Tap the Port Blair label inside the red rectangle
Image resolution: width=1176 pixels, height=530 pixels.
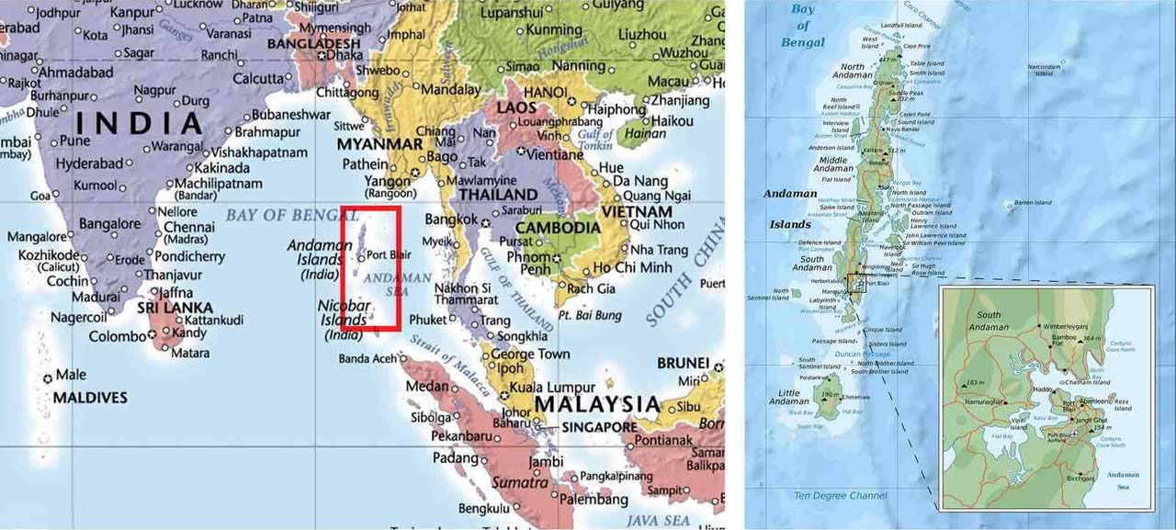click(x=389, y=254)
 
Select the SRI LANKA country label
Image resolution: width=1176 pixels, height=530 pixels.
click(x=175, y=308)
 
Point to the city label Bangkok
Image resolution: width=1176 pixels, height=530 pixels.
click(x=451, y=220)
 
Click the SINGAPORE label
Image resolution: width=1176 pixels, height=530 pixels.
click(x=600, y=427)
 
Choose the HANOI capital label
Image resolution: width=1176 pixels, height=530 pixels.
click(x=545, y=93)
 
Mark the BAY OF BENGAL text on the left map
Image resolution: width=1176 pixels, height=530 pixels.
click(x=292, y=216)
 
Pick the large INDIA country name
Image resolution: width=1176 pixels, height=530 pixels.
click(x=140, y=122)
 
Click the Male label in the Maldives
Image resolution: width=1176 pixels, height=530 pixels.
click(x=71, y=375)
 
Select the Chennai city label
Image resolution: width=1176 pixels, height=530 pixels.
click(x=189, y=227)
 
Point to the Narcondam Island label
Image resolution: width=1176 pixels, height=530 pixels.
click(x=1046, y=69)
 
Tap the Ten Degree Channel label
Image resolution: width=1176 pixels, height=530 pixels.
click(x=841, y=496)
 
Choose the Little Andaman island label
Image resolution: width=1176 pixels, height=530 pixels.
click(x=789, y=397)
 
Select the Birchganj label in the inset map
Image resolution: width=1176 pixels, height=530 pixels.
click(x=1081, y=479)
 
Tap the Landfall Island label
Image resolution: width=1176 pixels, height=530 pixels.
click(x=901, y=25)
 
